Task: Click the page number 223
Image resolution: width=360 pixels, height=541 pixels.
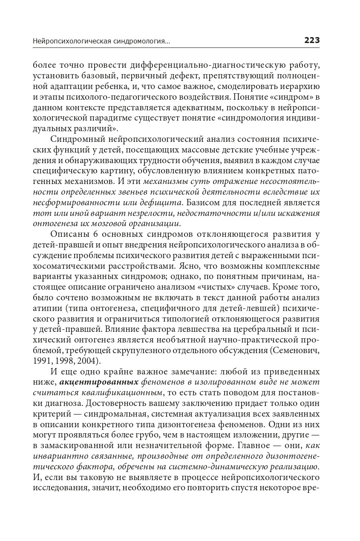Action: (312, 41)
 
